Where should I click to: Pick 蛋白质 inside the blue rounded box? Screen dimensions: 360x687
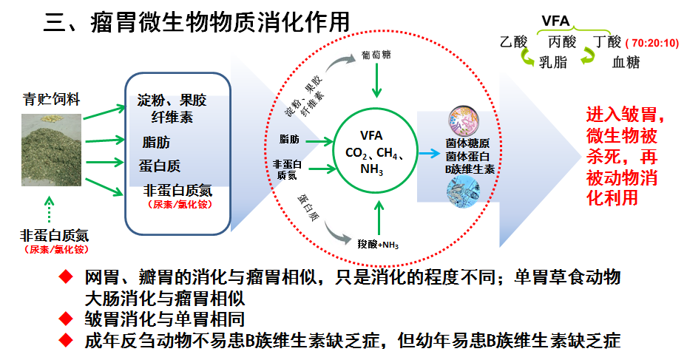(160, 166)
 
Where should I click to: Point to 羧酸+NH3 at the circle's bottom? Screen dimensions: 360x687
(379, 244)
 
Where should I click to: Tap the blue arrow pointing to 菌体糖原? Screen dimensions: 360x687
(427, 154)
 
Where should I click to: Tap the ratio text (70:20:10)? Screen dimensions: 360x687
(653, 43)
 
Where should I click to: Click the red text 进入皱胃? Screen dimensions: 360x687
(620, 116)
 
